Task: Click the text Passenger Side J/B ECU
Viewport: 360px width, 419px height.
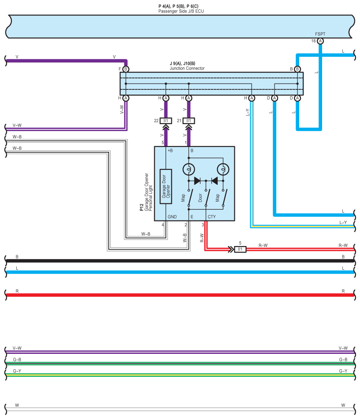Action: coord(181,11)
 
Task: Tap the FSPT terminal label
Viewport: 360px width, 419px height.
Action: coord(320,34)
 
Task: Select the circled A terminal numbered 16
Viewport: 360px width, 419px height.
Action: coord(320,41)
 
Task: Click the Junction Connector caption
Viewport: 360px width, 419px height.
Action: coord(187,69)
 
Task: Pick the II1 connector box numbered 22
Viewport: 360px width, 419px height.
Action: coord(166,121)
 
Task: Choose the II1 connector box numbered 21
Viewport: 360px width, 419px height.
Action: coord(189,121)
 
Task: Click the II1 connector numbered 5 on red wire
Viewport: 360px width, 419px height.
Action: coord(240,249)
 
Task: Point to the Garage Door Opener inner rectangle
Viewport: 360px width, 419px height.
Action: coord(166,187)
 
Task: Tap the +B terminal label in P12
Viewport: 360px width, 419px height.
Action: coord(170,151)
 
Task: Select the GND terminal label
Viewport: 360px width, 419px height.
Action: coord(172,217)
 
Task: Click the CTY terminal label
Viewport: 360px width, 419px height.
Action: coord(212,217)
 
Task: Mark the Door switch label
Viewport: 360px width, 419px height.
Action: coord(200,198)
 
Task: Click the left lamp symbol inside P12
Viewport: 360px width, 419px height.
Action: coord(189,169)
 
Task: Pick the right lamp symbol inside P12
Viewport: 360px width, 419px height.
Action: coord(223,169)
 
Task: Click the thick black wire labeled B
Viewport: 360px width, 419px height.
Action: coord(176,261)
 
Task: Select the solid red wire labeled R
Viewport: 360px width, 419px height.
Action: coord(176,295)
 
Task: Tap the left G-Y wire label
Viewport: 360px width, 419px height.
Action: coord(17,371)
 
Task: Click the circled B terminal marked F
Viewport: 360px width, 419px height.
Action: coord(126,69)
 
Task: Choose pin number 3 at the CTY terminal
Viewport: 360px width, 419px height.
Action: coord(203,225)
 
